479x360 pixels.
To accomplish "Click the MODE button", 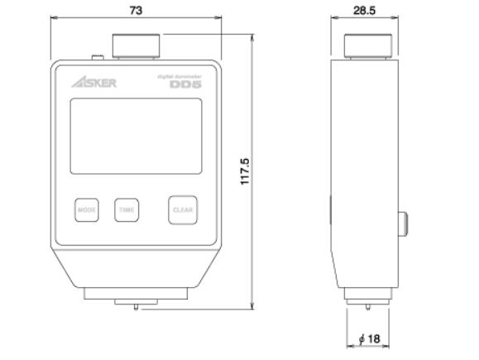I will [86, 210].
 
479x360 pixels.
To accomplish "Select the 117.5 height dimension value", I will [245, 172].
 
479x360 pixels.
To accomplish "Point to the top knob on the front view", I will [135, 46].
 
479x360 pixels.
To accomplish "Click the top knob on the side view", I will [365, 46].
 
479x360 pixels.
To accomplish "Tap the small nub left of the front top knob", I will [98, 57].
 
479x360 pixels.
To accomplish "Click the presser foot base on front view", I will [136, 300].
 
